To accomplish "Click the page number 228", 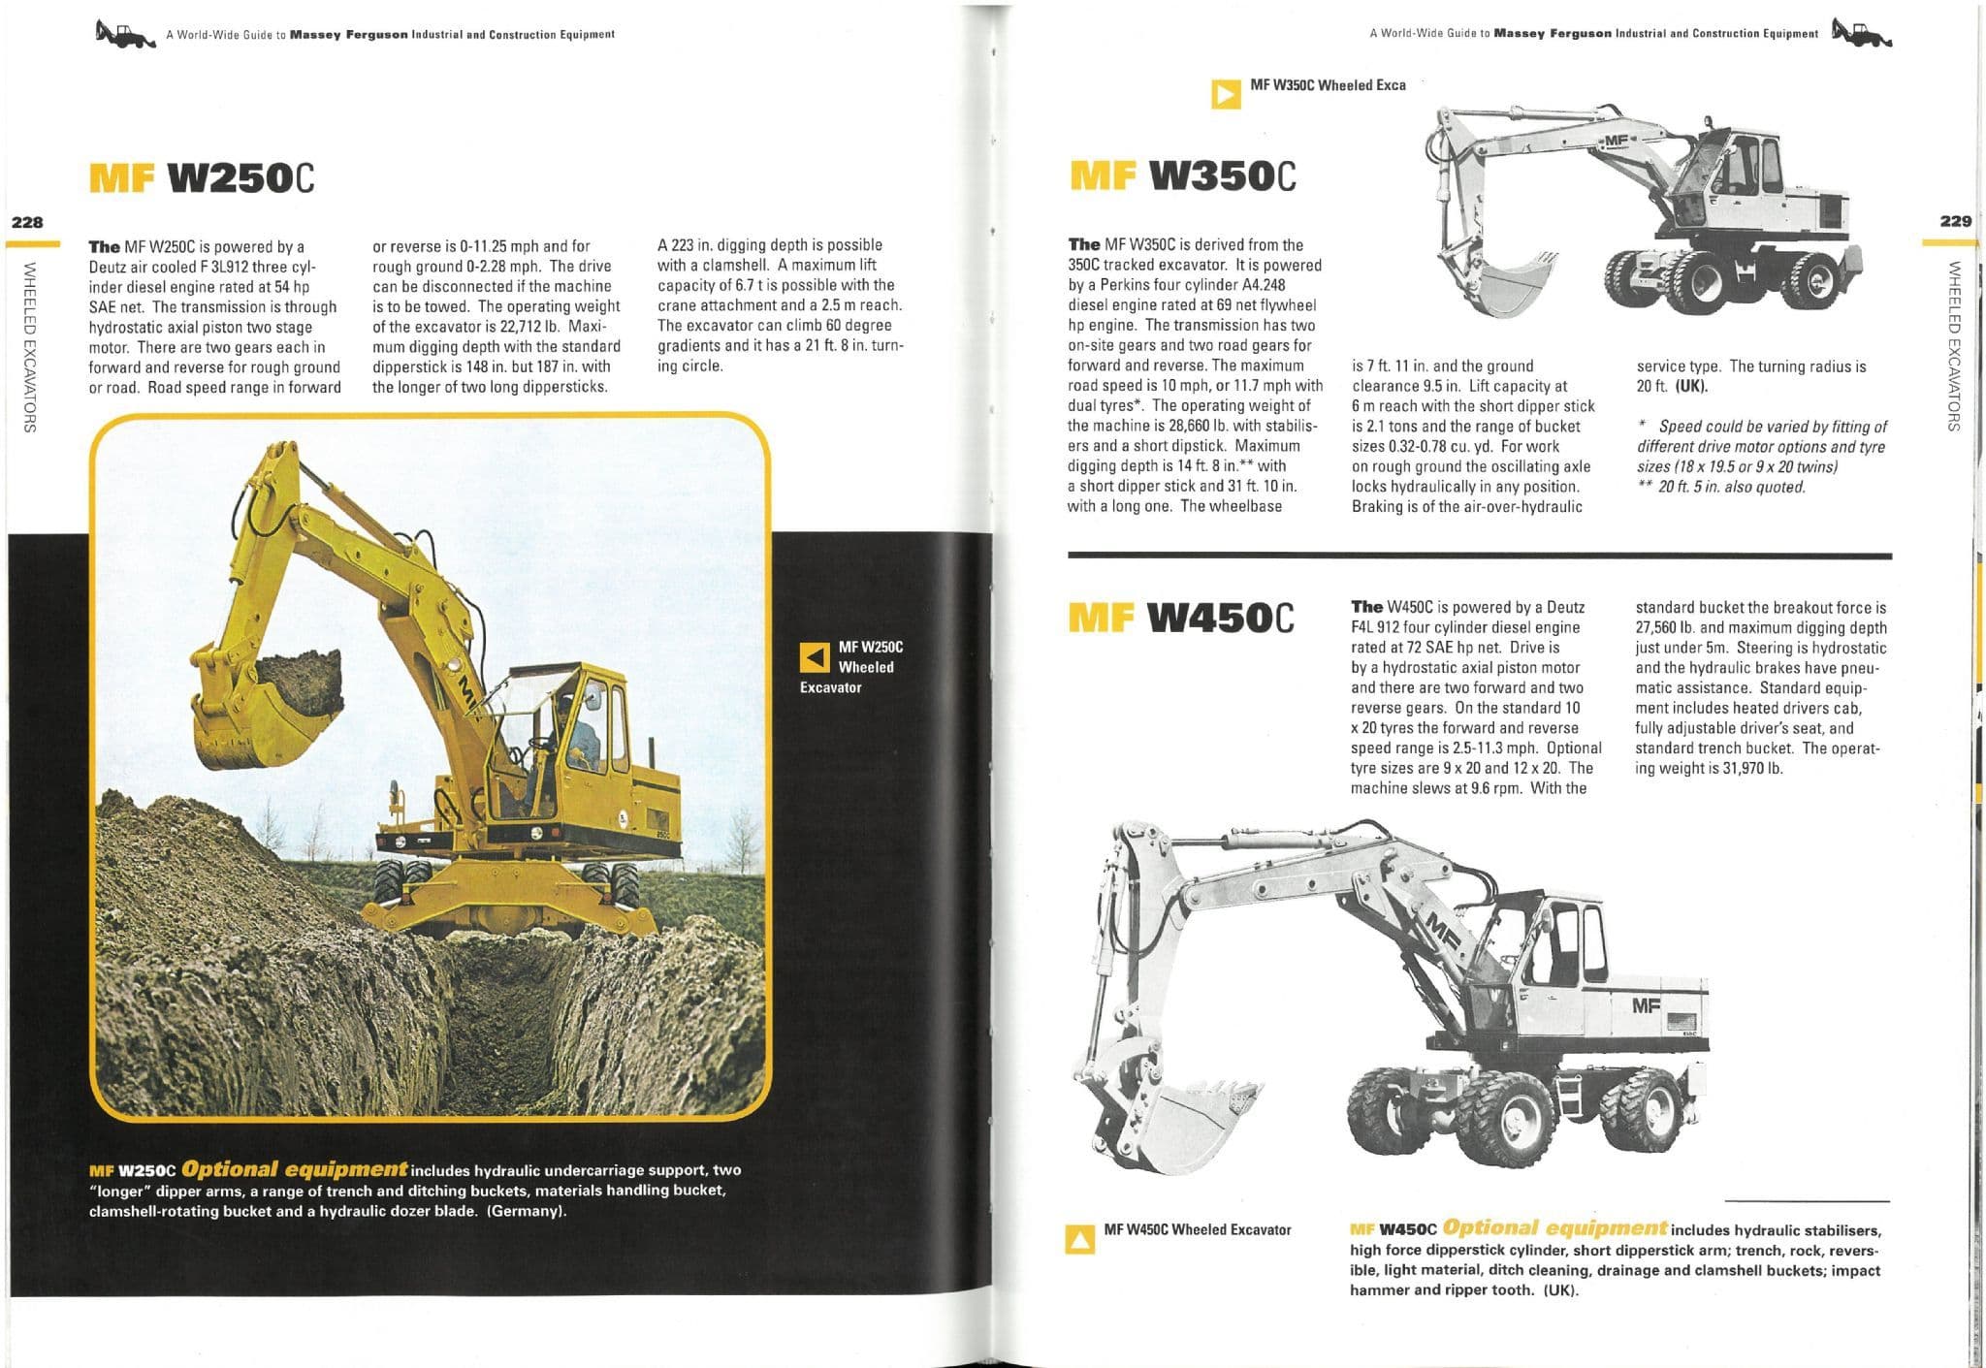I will click(x=27, y=222).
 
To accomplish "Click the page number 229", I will click(x=1955, y=221).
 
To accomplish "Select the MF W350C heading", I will click(x=1182, y=176).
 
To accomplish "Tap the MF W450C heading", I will click(x=1180, y=618).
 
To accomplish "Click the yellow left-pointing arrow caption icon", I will click(x=814, y=657).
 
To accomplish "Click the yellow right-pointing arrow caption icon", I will click(x=1226, y=94).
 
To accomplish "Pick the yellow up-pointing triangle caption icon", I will click(x=1079, y=1240).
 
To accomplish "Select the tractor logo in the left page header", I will click(x=125, y=34).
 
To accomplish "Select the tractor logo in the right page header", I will click(x=1861, y=34).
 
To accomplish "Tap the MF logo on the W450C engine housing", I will click(x=1646, y=1005).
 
